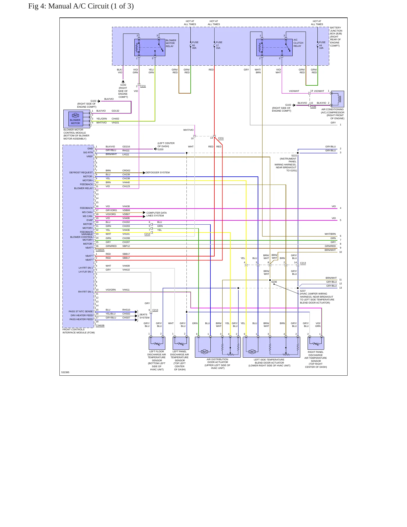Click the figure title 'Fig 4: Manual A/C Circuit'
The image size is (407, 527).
69,6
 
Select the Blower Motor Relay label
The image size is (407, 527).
171,43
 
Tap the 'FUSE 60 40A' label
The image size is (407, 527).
195,45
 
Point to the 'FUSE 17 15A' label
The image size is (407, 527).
219,45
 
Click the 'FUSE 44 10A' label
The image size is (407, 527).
322,45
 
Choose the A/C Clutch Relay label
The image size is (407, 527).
298,43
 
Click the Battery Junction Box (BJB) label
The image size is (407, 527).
336,37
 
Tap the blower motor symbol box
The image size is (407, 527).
75,119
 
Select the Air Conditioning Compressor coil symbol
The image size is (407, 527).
338,99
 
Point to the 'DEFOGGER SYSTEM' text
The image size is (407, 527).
157,172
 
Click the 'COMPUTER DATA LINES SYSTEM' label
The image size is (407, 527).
156,214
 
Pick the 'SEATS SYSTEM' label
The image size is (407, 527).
144,316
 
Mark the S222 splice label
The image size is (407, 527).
294,156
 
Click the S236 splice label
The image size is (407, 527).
274,282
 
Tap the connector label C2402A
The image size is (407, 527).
100,250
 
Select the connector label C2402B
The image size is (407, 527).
100,325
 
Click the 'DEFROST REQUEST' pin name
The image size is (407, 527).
81,172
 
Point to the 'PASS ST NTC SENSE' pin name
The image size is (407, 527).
81,311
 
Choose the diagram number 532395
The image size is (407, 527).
65,372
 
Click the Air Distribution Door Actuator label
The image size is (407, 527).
217,364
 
